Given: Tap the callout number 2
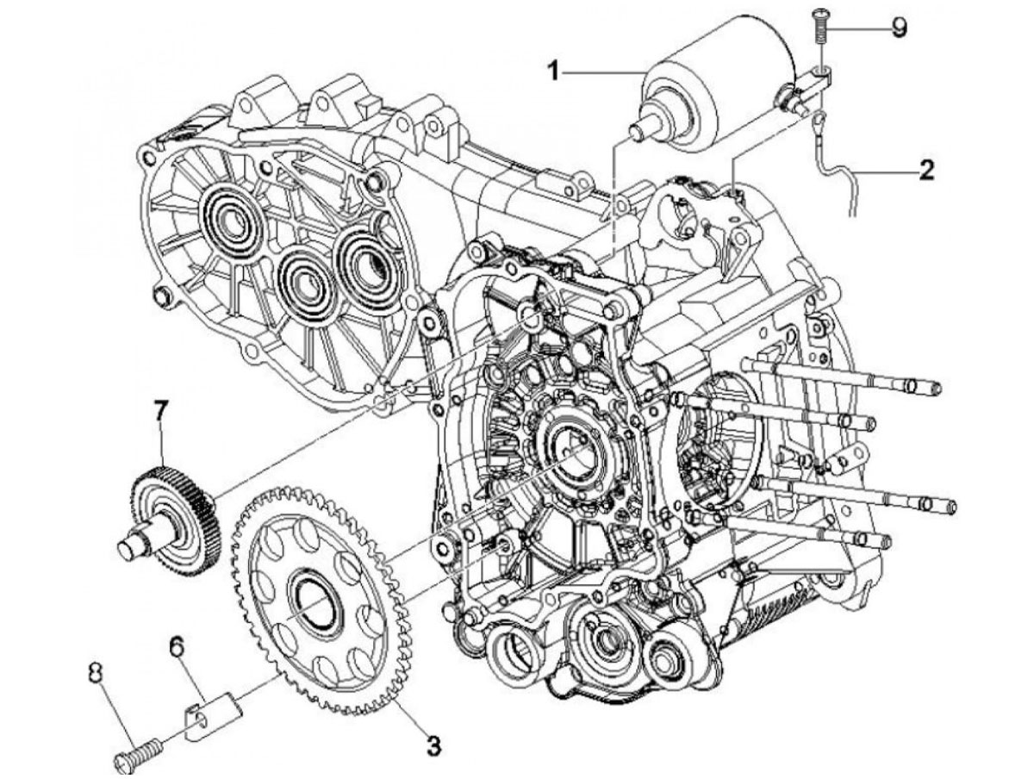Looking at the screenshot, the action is click(926, 171).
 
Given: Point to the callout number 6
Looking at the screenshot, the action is click(177, 647).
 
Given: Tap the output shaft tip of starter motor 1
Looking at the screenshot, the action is click(638, 129).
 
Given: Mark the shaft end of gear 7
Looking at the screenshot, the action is click(127, 550).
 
